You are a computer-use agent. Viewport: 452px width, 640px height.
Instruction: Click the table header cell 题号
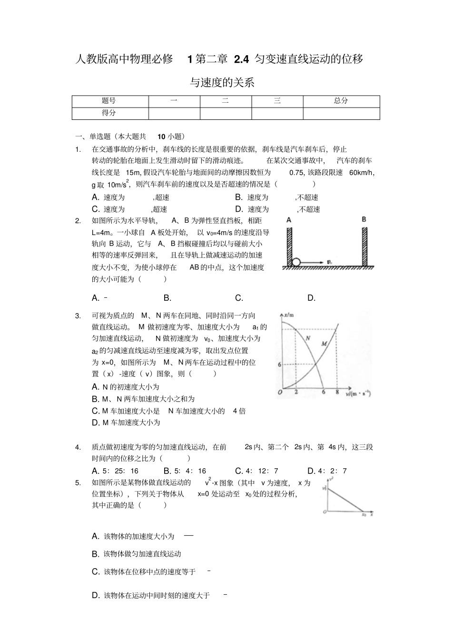[109, 101]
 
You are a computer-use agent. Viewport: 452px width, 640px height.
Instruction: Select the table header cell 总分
[341, 101]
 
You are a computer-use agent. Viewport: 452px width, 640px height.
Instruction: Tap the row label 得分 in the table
[109, 113]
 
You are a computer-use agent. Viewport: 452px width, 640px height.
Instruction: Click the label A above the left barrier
[289, 220]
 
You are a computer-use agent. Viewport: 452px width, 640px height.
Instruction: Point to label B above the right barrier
[364, 219]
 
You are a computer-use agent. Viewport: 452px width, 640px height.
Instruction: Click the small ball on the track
[296, 262]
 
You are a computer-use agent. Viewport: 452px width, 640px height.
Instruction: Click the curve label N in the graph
[308, 338]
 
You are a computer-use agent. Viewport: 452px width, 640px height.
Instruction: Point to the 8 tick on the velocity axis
[337, 392]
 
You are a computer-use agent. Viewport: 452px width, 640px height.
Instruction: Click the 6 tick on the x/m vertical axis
[279, 364]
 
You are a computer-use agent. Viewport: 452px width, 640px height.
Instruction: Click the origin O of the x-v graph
[280, 393]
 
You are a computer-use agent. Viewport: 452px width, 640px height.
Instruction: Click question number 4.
[78, 447]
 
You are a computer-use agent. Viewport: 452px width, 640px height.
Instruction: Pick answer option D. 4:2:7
[327, 471]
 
